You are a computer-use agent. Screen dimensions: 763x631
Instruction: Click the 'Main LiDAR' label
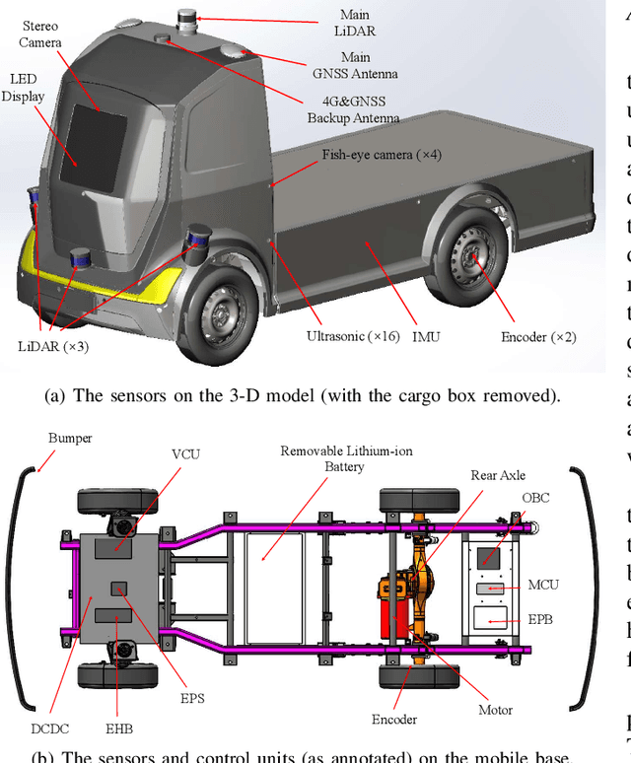(354, 23)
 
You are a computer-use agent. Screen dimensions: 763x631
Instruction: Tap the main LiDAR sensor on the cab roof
(187, 21)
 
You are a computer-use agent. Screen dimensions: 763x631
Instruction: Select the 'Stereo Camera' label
(40, 35)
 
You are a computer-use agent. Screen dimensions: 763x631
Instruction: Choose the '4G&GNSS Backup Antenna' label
(353, 109)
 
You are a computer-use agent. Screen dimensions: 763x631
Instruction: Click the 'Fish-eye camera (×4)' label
(381, 155)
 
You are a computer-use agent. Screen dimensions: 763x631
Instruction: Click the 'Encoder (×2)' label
(536, 336)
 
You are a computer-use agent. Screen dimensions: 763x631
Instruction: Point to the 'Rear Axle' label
(498, 474)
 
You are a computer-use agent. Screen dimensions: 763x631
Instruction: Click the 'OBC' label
(536, 497)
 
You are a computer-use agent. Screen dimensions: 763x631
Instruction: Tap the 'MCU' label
(541, 585)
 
